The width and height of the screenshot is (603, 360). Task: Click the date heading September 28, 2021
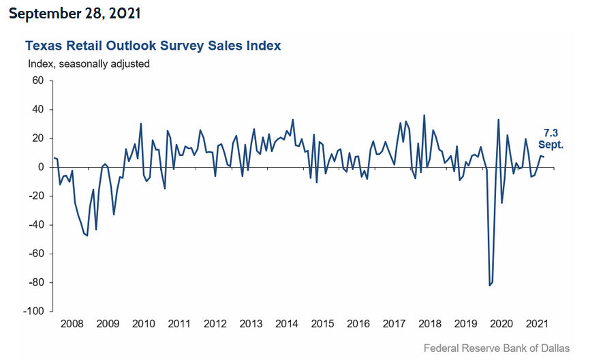click(x=76, y=14)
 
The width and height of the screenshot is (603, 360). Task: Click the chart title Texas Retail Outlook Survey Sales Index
click(x=153, y=46)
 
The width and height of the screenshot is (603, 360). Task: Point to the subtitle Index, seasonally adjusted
click(x=89, y=63)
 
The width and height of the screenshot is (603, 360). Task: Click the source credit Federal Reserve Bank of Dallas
click(x=497, y=348)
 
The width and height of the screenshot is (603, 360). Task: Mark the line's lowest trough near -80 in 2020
click(x=490, y=285)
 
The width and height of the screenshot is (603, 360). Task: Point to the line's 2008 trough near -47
click(x=87, y=235)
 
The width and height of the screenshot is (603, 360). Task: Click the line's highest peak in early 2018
click(x=424, y=115)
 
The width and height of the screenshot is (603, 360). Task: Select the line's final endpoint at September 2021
click(x=544, y=157)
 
